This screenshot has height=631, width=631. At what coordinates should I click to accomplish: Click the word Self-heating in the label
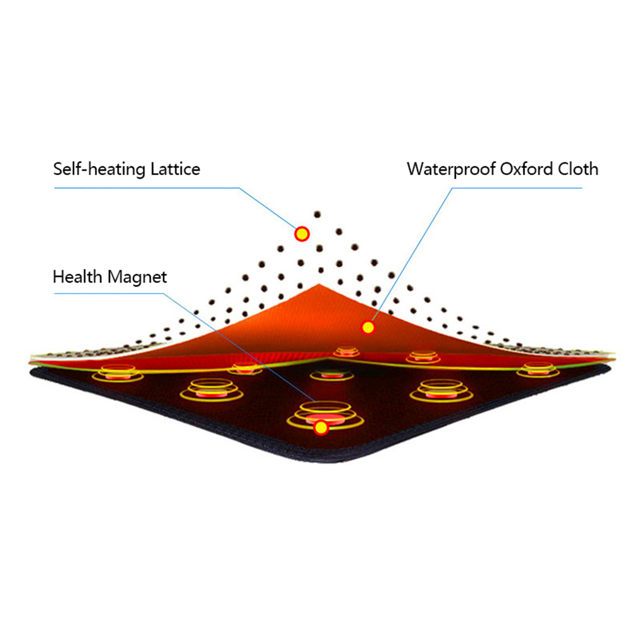[100, 169]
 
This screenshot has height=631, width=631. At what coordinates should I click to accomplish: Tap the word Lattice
[176, 168]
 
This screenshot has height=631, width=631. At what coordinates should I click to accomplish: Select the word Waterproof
[451, 169]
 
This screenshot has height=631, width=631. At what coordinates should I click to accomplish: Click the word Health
[78, 276]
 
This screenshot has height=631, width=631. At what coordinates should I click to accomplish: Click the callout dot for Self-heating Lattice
[302, 234]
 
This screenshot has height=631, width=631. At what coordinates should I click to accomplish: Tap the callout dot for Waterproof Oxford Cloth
[368, 327]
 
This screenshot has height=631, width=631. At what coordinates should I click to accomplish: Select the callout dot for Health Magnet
[322, 428]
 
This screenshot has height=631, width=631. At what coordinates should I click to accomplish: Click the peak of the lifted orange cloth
[320, 285]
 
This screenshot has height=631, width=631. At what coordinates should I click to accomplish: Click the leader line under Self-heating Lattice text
[145, 188]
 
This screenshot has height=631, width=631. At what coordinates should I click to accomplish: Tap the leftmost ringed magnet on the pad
[118, 374]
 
